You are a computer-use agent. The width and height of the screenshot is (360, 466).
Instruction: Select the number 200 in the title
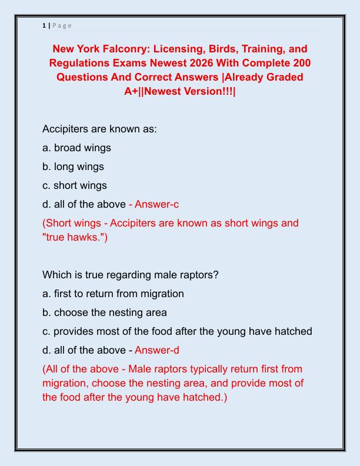coord(302,63)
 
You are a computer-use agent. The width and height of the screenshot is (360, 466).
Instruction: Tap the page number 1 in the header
coord(44,25)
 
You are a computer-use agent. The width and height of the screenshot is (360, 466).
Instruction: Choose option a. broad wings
coord(76,148)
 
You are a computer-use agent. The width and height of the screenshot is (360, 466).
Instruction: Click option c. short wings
coord(75,185)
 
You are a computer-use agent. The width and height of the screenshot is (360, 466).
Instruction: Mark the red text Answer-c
coord(157,204)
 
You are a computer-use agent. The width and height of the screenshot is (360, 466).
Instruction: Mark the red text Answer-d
coord(157,350)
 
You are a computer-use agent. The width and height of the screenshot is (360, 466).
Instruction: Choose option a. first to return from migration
coord(113,294)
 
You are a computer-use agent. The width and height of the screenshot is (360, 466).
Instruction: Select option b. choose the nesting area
coord(105,312)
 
